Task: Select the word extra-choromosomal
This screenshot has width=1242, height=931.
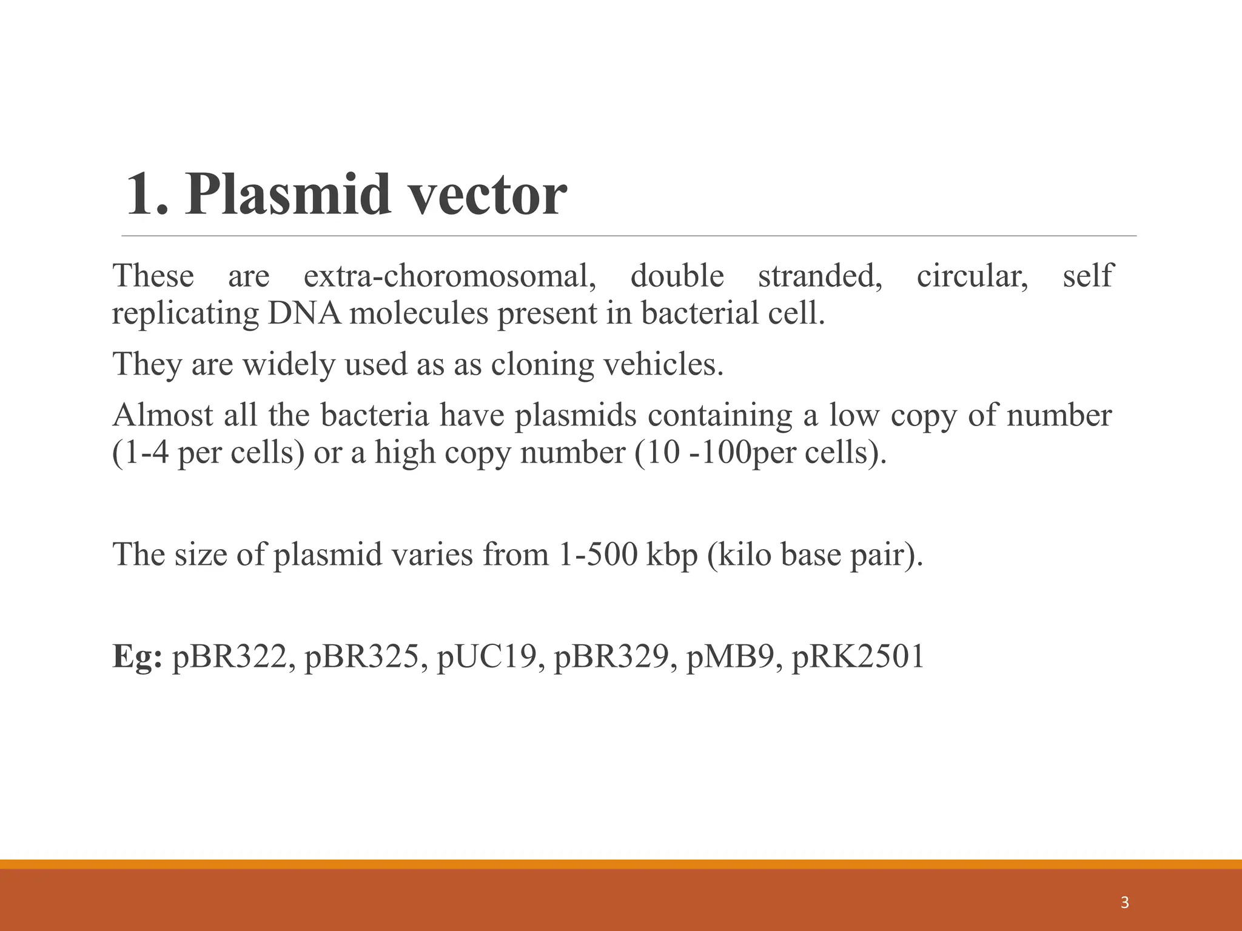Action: [x=449, y=276]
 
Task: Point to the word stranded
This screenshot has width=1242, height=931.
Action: [x=820, y=276]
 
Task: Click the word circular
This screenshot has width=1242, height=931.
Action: [x=972, y=276]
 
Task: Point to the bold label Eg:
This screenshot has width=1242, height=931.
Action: [x=137, y=657]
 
